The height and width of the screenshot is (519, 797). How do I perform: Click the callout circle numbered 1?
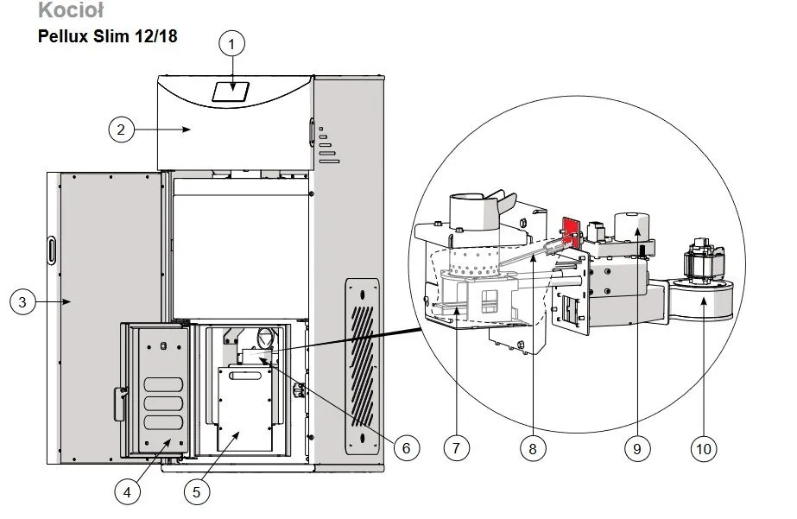tap(231, 44)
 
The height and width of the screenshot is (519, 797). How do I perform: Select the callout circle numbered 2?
tap(121, 130)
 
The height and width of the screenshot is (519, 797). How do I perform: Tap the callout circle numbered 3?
tap(22, 302)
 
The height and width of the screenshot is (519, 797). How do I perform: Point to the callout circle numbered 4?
tap(127, 491)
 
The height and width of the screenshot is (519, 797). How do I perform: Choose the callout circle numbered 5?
tap(197, 491)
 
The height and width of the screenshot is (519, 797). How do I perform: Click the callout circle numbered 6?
tap(406, 448)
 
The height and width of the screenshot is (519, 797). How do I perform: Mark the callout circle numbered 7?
tap(456, 448)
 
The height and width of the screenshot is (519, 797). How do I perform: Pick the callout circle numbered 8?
tap(533, 448)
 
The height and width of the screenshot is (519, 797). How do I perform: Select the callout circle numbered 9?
tap(637, 448)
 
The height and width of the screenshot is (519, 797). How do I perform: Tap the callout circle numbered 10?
tap(704, 448)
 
